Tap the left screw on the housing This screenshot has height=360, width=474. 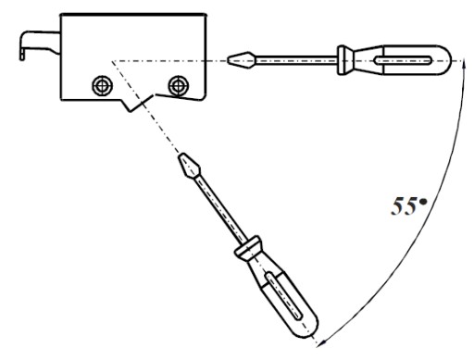click(x=103, y=85)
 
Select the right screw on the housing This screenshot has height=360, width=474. click(x=179, y=85)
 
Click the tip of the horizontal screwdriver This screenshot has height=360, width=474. click(x=228, y=59)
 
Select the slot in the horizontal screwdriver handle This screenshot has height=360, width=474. click(x=403, y=60)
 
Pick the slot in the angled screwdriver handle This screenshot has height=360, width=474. click(x=283, y=295)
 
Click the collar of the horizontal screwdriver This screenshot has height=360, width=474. click(x=343, y=60)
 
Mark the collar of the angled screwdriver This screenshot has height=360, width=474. click(x=248, y=248)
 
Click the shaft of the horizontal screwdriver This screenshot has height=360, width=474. click(x=296, y=59)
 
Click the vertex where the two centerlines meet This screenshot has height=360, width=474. click(x=112, y=61)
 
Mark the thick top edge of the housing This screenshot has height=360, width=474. click(x=132, y=15)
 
